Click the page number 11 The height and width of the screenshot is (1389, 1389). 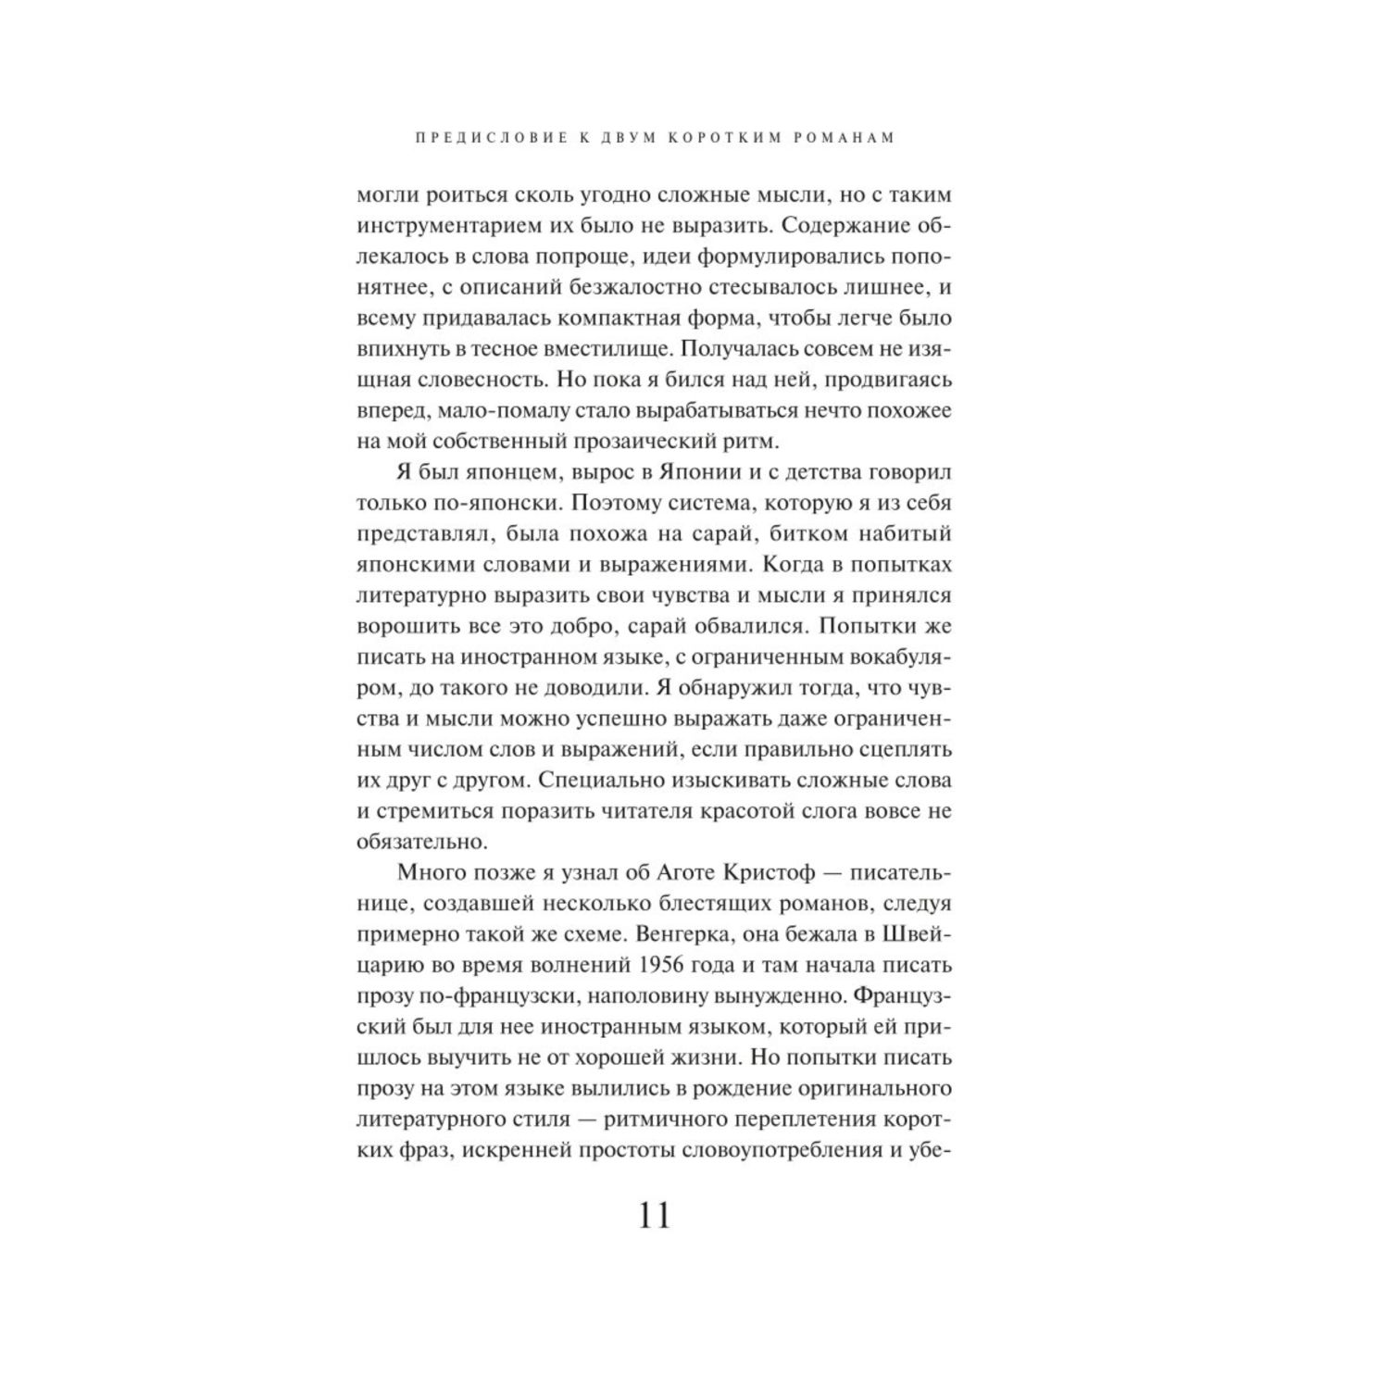[x=654, y=1215]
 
